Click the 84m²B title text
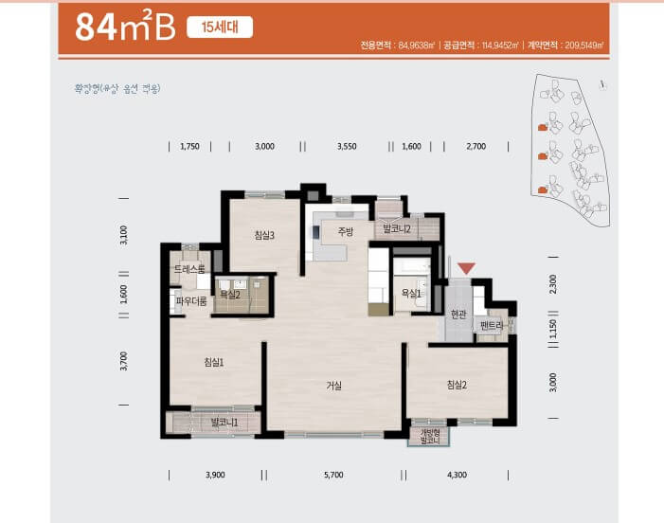pos(125,27)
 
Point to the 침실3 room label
pos(264,236)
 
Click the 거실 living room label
pos(333,386)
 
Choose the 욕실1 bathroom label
pos(410,294)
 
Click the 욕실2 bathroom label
pos(230,295)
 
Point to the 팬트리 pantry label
pos(493,326)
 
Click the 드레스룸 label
pos(189,270)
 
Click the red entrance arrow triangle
pos(465,270)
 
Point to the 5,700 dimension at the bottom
pos(332,474)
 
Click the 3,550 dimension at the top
pos(347,147)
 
